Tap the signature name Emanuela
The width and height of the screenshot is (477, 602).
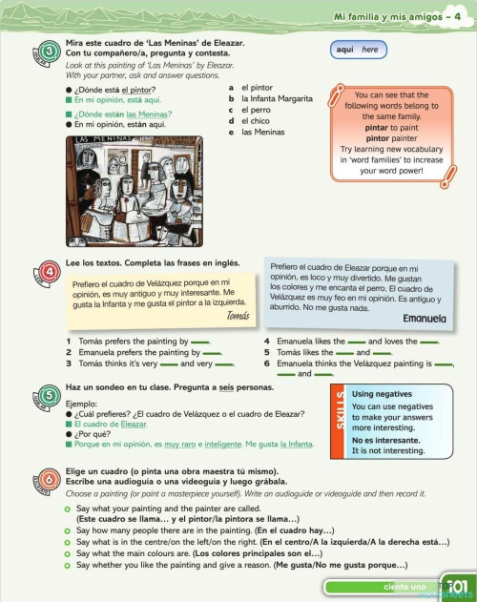pyautogui.click(x=425, y=318)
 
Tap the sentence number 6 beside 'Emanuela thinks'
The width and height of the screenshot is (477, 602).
pyautogui.click(x=266, y=363)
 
